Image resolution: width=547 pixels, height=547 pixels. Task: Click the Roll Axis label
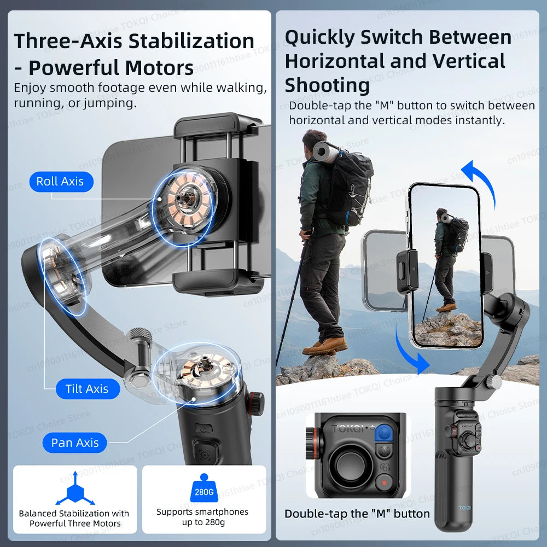(60, 182)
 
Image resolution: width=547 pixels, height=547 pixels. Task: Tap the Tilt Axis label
(87, 389)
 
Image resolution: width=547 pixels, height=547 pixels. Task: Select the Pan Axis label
(75, 443)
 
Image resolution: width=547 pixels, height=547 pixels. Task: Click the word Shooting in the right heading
(327, 85)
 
